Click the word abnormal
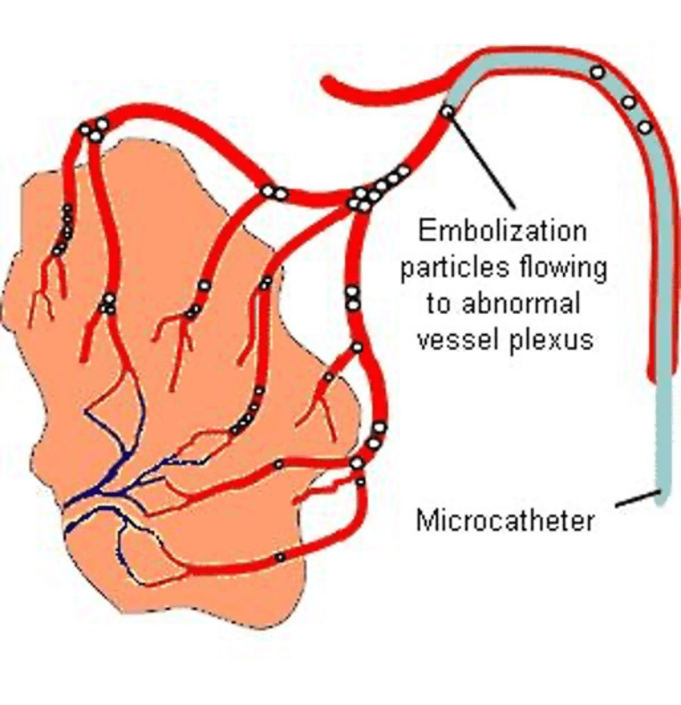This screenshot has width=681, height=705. click(x=519, y=304)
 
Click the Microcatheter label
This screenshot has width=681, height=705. click(x=505, y=520)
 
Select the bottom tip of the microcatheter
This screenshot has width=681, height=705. click(x=661, y=498)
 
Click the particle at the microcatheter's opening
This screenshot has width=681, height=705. click(x=448, y=112)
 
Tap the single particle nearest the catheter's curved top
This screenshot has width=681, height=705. click(x=599, y=71)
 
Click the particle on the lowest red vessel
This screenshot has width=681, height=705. click(x=279, y=557)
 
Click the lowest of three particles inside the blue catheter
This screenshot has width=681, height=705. click(x=645, y=127)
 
